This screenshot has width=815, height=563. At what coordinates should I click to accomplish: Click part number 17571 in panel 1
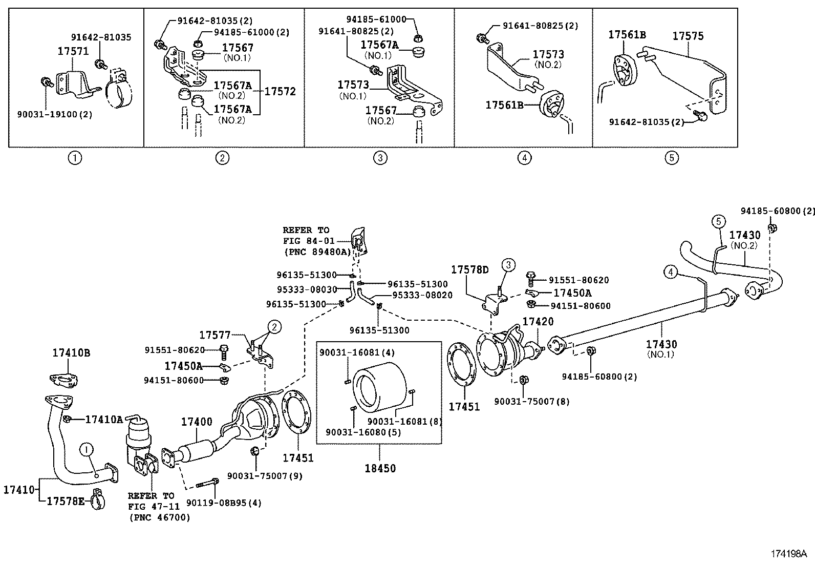point(72,51)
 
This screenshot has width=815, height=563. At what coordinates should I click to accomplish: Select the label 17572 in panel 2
point(280,91)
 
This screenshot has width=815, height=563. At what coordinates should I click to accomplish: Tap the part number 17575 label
point(688,36)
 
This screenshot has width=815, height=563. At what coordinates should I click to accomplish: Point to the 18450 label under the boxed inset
point(379,468)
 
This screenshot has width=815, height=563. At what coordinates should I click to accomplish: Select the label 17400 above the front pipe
point(196,422)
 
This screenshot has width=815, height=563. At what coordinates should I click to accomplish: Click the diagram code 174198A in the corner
point(788,553)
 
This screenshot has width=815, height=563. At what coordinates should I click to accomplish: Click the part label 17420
point(538,321)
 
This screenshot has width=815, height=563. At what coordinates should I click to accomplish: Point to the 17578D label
point(469,269)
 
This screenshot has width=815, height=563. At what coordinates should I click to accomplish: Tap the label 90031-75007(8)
point(531,402)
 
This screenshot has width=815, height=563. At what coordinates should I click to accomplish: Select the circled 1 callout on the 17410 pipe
point(87,450)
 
